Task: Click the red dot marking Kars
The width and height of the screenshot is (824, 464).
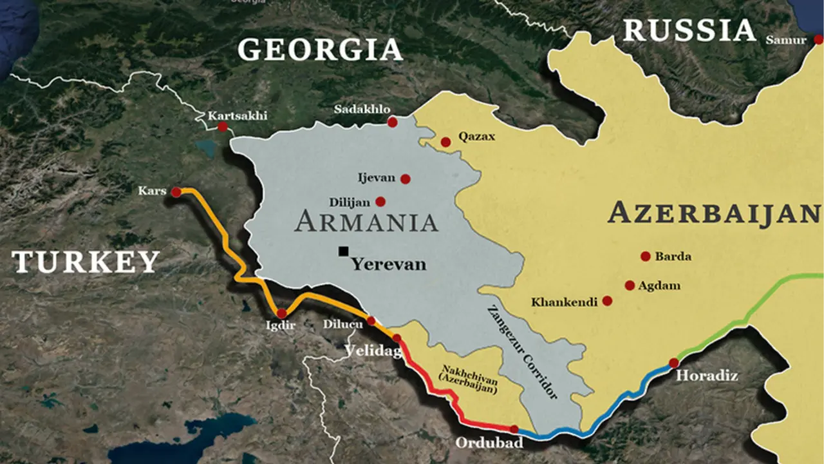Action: (176, 191)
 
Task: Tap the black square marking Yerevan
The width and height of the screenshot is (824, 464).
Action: (344, 251)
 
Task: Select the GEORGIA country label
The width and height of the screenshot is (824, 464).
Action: (320, 50)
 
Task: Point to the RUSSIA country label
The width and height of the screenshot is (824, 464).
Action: (689, 30)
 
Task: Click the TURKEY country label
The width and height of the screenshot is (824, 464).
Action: (86, 262)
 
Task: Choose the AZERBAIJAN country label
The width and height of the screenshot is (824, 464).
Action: (714, 213)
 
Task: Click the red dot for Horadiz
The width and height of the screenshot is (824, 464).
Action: (674, 363)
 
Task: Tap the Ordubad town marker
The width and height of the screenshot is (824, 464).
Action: (514, 429)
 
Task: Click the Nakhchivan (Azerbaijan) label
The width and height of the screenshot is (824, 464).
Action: (468, 380)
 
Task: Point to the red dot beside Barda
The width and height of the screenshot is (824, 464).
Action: (646, 256)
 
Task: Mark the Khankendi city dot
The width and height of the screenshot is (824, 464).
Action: (607, 301)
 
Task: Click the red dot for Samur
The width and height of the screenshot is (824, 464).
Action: (818, 39)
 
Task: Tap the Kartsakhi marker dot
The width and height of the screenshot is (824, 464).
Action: (223, 127)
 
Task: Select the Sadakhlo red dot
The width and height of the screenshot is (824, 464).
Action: (392, 122)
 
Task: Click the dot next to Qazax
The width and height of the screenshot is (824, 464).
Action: (445, 142)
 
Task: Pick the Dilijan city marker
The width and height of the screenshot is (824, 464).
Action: (380, 202)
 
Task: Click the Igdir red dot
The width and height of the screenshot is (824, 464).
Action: (281, 313)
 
